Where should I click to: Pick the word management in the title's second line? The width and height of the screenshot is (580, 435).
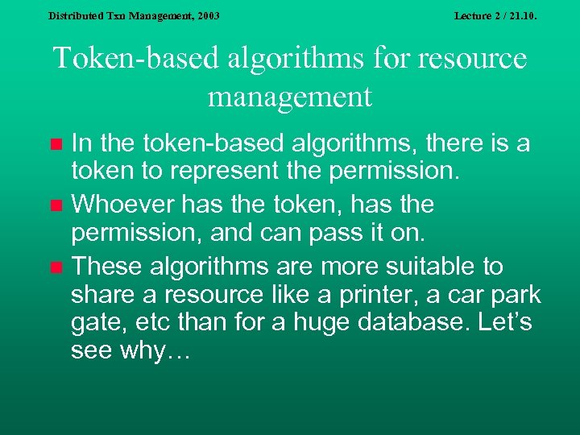290,97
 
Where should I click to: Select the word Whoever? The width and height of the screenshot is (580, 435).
122,205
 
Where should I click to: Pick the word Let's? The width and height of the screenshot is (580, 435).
503,323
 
